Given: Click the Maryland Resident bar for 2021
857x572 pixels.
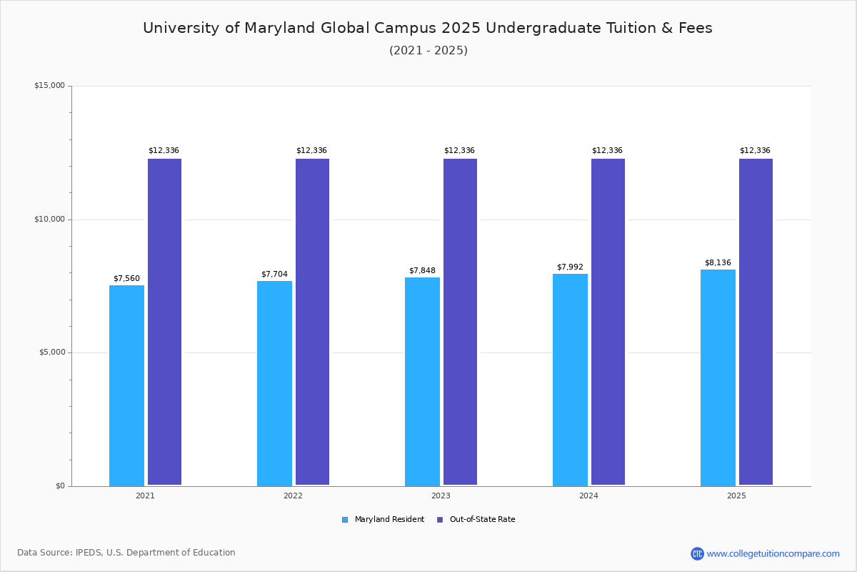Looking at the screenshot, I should pyautogui.click(x=126, y=385).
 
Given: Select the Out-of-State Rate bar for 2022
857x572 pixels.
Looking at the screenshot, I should pyautogui.click(x=312, y=322).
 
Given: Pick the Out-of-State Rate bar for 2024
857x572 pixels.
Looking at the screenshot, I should pyautogui.click(x=608, y=322).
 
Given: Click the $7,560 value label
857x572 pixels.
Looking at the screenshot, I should pyautogui.click(x=126, y=279).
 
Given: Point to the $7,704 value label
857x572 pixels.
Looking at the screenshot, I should pyautogui.click(x=274, y=275).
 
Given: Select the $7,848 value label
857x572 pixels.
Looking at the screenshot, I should pyautogui.click(x=422, y=270).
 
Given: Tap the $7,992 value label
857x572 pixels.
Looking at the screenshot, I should pyautogui.click(x=570, y=267).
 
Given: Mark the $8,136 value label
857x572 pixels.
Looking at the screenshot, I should pyautogui.click(x=718, y=262).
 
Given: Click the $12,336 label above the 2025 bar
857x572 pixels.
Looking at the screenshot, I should pyautogui.click(x=755, y=151).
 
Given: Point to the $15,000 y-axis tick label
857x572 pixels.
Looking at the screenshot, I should pyautogui.click(x=49, y=86).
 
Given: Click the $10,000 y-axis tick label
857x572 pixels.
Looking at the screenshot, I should pyautogui.click(x=49, y=220).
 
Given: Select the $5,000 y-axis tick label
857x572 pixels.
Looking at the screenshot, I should pyautogui.click(x=51, y=352).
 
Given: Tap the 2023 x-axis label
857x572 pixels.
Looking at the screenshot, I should pyautogui.click(x=441, y=495).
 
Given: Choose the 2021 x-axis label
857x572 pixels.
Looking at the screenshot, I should pyautogui.click(x=145, y=495).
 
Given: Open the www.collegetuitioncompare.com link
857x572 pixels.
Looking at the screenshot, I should pyautogui.click(x=773, y=553).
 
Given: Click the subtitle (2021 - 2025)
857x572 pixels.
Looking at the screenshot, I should pyautogui.click(x=428, y=51).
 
